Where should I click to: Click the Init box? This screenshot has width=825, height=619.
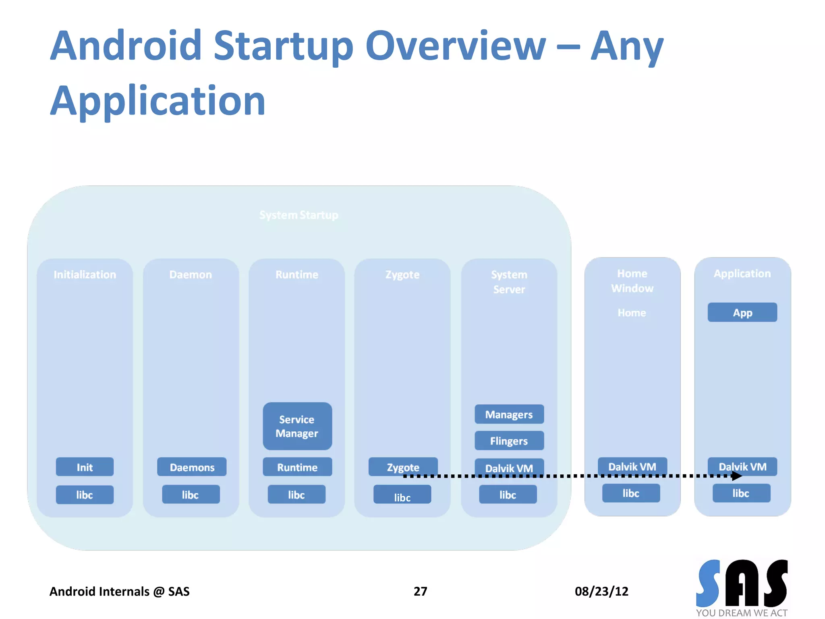coord(85,467)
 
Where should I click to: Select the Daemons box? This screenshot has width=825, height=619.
coord(192,467)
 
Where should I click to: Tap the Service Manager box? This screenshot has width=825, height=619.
coord(297,426)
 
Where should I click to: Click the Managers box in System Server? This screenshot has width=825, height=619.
coord(509,414)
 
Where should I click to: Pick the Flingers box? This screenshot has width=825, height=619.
coord(509,440)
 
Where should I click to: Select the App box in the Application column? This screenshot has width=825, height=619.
coord(742,312)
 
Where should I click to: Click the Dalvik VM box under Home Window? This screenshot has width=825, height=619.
coord(632,466)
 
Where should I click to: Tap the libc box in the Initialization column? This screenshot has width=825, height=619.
coord(85,494)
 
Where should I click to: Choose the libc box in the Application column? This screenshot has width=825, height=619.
coord(741,493)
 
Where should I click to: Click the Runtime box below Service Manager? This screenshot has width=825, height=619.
coord(297,467)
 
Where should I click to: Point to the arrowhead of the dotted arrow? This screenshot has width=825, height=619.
coord(737,476)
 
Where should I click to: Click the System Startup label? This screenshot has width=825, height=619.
coord(299,215)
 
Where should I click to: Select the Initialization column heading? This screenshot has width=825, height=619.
coord(85,274)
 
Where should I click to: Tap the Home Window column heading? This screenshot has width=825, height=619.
coord(632,281)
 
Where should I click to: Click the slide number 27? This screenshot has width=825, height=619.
coord(420,591)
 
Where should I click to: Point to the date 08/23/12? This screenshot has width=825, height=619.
coord(601,591)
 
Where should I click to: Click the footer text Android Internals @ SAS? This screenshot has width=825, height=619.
coord(119,591)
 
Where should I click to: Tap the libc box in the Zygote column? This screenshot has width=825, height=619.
coord(402,494)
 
